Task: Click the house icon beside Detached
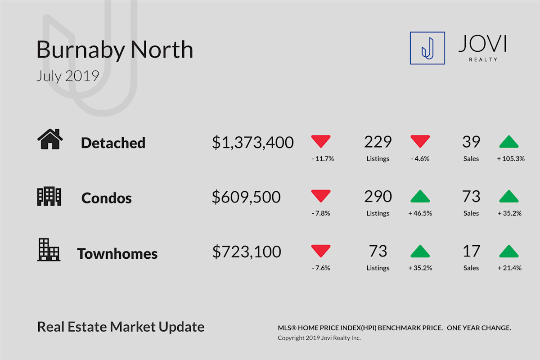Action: (x=50, y=139)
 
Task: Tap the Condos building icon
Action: (x=49, y=196)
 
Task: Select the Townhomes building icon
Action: (x=49, y=250)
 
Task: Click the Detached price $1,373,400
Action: (x=252, y=142)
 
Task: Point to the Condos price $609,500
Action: (x=246, y=197)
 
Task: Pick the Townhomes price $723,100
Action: (x=247, y=252)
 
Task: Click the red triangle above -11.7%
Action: (x=320, y=141)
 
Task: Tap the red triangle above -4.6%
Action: (x=420, y=141)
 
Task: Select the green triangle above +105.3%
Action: (x=508, y=141)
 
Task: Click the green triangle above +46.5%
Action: (x=420, y=196)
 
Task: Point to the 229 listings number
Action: (x=378, y=142)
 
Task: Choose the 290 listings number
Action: (x=378, y=196)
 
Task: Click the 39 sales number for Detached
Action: (x=471, y=142)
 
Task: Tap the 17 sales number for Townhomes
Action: (x=471, y=251)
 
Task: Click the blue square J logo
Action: (x=427, y=48)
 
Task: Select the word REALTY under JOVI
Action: (x=483, y=59)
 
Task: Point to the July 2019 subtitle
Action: (x=68, y=76)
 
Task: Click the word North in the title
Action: (x=162, y=49)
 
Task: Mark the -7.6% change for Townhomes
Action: (x=320, y=268)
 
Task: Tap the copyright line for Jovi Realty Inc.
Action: (x=319, y=338)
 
